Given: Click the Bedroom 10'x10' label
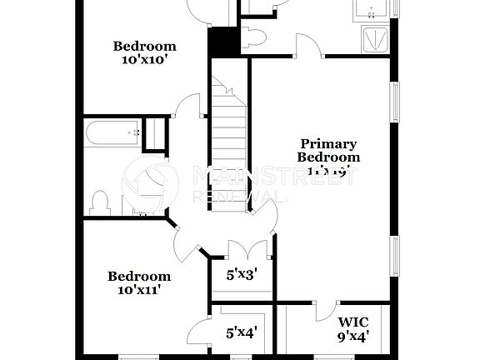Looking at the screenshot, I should click(x=145, y=52).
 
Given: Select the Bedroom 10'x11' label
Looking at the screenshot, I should click(x=139, y=283).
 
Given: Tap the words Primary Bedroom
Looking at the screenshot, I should click(x=328, y=151).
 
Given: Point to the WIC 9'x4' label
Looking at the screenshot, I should click(x=353, y=328).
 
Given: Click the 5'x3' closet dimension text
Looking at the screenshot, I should click(x=242, y=272).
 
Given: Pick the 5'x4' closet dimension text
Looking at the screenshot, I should click(x=242, y=332).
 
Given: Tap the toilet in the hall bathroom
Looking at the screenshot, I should click(x=100, y=202).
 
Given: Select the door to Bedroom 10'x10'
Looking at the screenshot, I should click(x=190, y=106).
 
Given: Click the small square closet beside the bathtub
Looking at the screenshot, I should click(x=155, y=135).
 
